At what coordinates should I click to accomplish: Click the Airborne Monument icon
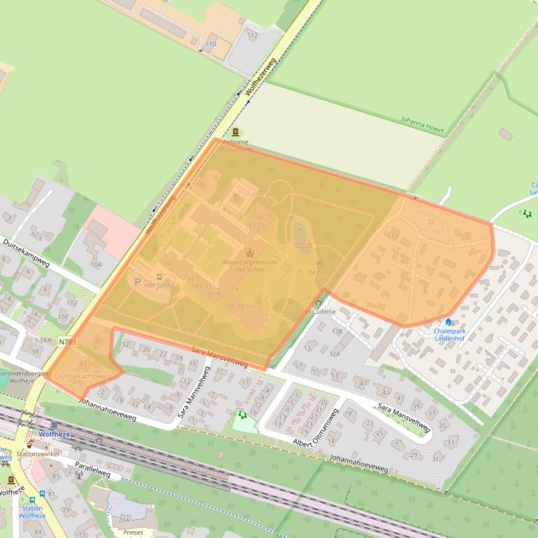point(235,132)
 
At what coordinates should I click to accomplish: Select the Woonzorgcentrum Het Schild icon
point(249,252)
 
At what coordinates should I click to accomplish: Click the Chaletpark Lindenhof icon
point(448,322)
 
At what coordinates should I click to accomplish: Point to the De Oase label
point(319,272)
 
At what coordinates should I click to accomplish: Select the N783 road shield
point(68,342)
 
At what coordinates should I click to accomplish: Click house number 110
point(210,44)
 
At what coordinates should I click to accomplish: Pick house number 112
point(252,36)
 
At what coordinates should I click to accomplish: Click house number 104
point(96,264)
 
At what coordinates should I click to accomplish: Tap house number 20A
point(124,519)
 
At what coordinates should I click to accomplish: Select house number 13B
point(337,331)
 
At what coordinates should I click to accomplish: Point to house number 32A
point(335,354)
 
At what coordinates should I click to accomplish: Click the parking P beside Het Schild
point(137,282)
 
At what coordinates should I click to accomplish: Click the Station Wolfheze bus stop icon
point(32,500)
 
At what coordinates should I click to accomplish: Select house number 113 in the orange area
point(360,277)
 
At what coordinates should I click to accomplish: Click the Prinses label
point(133,532)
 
